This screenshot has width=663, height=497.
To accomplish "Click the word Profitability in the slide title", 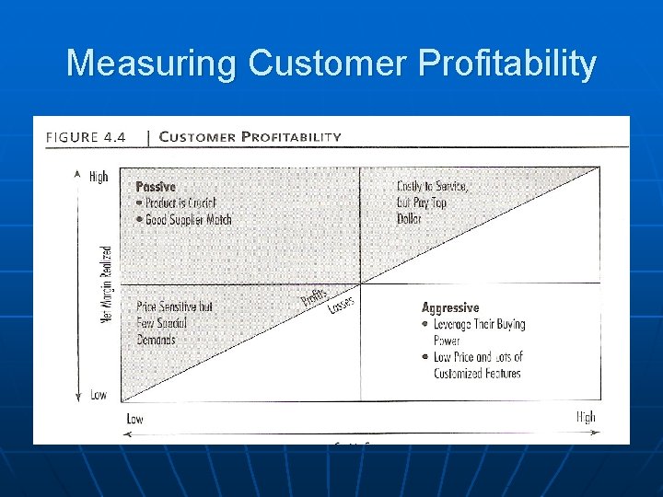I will [506, 64].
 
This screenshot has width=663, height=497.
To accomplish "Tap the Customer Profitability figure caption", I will [250, 137].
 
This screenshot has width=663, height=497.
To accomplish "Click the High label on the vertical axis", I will [99, 176].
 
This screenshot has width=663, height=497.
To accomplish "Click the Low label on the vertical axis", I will [98, 395].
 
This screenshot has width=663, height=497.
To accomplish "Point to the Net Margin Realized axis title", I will [106, 284].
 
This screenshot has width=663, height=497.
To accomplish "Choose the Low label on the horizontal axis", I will [134, 419].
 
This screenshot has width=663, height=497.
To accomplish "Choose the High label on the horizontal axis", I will [586, 417].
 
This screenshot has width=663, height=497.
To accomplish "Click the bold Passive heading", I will [156, 186].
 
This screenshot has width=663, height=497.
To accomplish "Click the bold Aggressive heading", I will [450, 307].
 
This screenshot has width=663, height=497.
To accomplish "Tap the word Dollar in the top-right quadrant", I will [409, 219].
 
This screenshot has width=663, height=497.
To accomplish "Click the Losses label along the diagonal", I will [341, 302].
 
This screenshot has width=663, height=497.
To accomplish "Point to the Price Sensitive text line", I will [174, 306].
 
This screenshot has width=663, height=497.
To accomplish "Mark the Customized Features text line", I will [477, 374].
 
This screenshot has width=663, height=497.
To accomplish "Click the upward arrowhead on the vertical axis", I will [77, 172].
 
